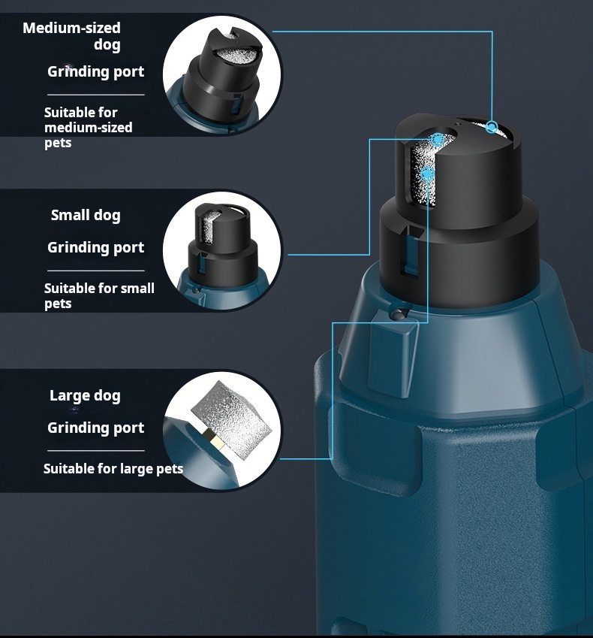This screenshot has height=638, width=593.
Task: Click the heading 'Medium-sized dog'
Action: (71, 36)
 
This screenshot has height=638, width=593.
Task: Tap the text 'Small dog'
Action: (86, 215)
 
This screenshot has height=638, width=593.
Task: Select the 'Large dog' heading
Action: (85, 395)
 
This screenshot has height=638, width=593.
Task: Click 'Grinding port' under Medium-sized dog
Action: (96, 71)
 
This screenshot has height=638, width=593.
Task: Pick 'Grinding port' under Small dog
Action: (96, 247)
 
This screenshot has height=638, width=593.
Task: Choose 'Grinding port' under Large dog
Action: (96, 428)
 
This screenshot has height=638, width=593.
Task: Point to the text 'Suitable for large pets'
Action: (113, 468)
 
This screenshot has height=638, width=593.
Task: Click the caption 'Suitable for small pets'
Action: (99, 296)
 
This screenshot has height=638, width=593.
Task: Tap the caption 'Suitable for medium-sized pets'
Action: (88, 127)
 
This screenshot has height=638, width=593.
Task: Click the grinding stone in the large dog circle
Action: (231, 419)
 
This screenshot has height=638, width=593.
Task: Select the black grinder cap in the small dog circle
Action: (223, 244)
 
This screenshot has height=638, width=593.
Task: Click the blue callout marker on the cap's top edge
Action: (492, 127)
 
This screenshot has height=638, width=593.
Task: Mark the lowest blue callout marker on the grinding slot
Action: (427, 174)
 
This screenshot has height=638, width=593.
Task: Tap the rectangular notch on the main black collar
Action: (410, 251)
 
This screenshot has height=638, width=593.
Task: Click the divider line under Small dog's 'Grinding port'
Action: (96, 271)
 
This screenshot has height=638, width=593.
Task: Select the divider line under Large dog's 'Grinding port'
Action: (96, 450)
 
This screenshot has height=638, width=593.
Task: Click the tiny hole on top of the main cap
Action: (458, 123)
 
